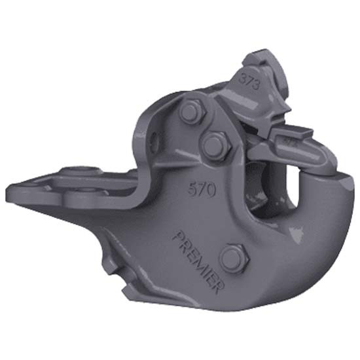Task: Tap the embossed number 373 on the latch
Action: tap(248, 82)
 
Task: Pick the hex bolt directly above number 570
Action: tap(215, 146)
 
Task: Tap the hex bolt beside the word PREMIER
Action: tap(234, 259)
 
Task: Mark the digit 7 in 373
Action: tap(248, 82)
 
